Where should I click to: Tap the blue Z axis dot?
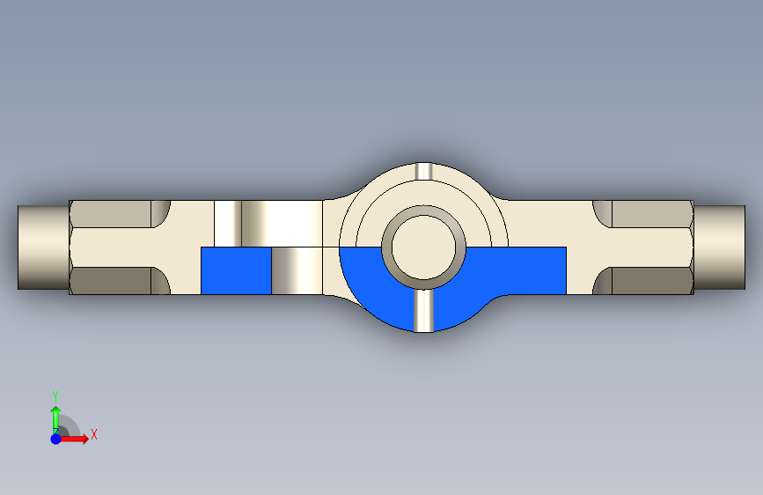(x=56, y=439)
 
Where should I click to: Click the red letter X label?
(x=94, y=434)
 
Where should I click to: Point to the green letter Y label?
(x=55, y=395)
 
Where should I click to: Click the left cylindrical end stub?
(x=43, y=247)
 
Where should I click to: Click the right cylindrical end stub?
(x=719, y=247)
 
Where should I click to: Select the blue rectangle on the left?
(x=236, y=270)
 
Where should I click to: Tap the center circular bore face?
(x=424, y=247)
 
